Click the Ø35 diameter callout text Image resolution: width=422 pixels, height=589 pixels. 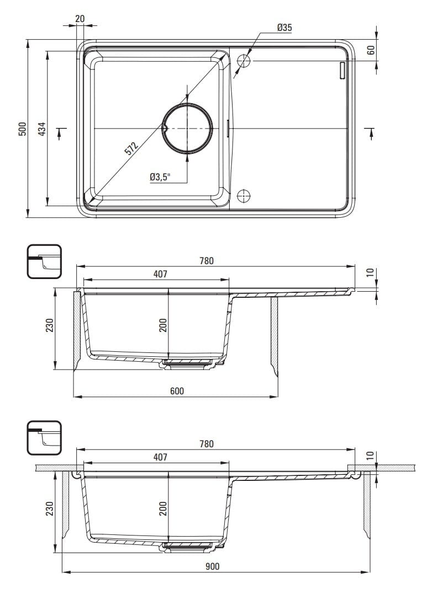(x=284, y=28)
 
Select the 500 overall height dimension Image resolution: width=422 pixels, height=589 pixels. (x=23, y=128)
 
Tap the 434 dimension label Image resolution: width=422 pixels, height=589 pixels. (x=42, y=128)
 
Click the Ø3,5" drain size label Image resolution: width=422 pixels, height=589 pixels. (x=160, y=177)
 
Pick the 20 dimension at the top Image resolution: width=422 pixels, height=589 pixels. (x=80, y=18)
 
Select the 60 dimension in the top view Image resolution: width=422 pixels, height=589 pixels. (x=371, y=50)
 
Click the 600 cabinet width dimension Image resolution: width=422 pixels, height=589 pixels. (x=177, y=390)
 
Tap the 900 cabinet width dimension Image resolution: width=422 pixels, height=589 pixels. (x=213, y=566)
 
